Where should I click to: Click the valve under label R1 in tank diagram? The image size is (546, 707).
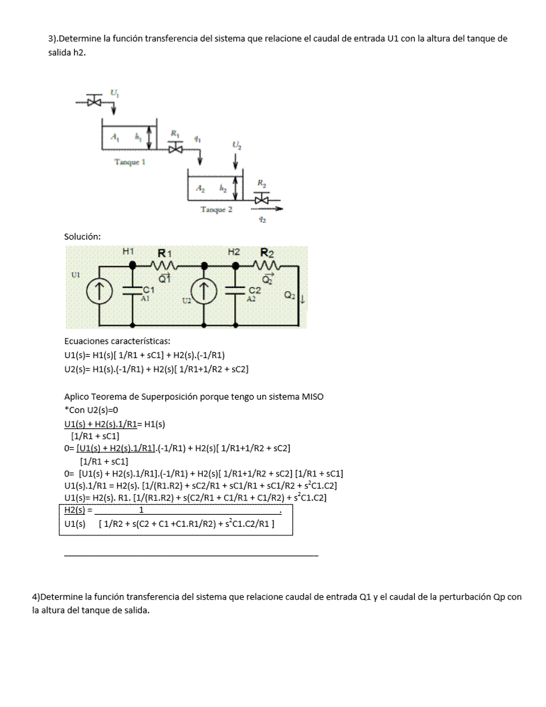pyautogui.click(x=175, y=149)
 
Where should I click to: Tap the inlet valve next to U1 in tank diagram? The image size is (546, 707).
pyautogui.click(x=94, y=102)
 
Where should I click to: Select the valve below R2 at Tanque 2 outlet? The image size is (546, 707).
pyautogui.click(x=262, y=199)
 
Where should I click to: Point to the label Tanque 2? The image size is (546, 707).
pyautogui.click(x=217, y=210)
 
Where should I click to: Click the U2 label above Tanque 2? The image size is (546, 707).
pyautogui.click(x=237, y=145)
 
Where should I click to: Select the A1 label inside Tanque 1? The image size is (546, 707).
pyautogui.click(x=116, y=137)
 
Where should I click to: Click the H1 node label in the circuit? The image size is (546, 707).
pyautogui.click(x=128, y=252)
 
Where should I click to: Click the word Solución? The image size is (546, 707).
pyautogui.click(x=82, y=236)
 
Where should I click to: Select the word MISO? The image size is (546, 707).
pyautogui.click(x=311, y=396)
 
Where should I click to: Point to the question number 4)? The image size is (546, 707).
pyautogui.click(x=36, y=596)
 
